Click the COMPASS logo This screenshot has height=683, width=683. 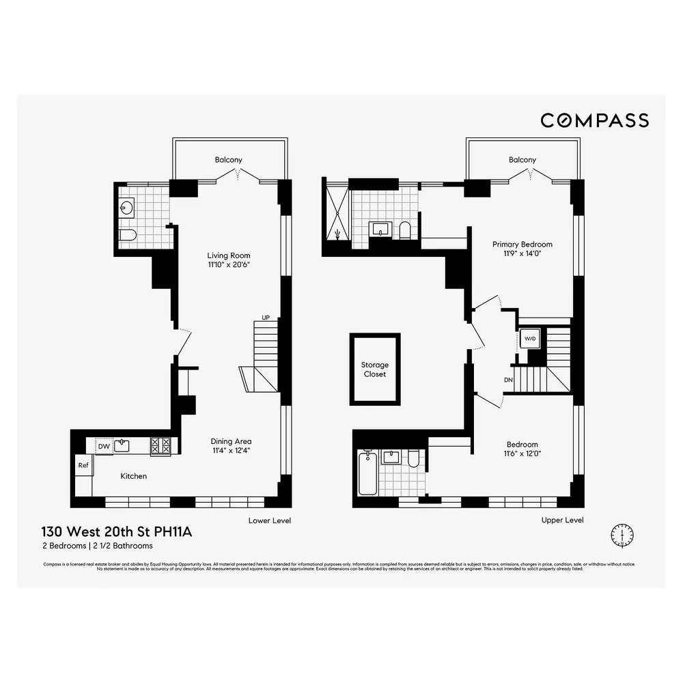[x=594, y=120]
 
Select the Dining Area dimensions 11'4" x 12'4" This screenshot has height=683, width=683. [x=231, y=451]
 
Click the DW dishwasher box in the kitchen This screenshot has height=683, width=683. [x=103, y=446]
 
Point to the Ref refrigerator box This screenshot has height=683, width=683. [x=83, y=465]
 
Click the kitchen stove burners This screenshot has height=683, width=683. [x=161, y=446]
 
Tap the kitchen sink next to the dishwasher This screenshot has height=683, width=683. [x=122, y=446]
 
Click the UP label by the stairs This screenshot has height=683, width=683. [x=266, y=318]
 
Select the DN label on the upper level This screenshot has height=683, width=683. [x=507, y=380]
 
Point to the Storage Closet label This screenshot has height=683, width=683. [x=374, y=370]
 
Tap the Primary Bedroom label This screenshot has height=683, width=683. [x=522, y=244]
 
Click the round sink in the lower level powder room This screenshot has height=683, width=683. [x=128, y=208]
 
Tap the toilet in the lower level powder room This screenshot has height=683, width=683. [x=128, y=236]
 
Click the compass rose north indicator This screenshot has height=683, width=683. [x=622, y=533]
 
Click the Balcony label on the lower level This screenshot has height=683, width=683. [x=228, y=160]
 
